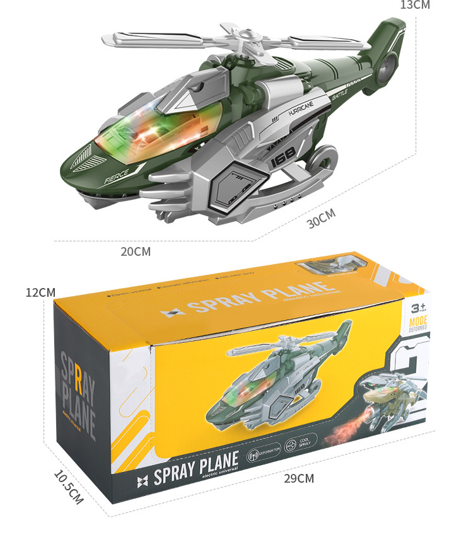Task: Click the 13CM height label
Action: point(414,5)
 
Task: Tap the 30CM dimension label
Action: point(322,219)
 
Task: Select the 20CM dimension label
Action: point(136,251)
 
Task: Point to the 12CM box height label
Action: point(40,293)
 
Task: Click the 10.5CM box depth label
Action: point(68,487)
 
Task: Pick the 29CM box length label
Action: point(298,478)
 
